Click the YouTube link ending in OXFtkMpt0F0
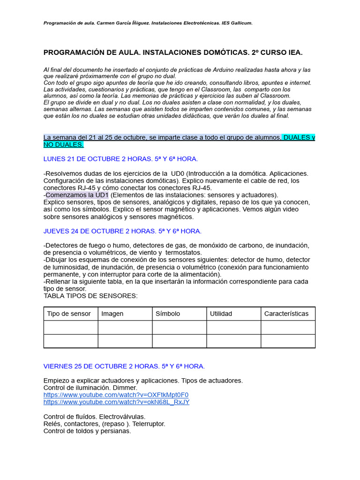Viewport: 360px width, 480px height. click(x=116, y=395)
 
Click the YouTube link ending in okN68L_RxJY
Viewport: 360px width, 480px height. click(x=116, y=402)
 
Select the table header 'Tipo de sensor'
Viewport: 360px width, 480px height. click(x=69, y=314)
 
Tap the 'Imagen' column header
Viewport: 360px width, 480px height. click(x=112, y=314)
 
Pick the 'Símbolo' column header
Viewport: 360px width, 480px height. click(x=168, y=314)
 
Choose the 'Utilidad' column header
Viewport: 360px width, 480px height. click(x=221, y=314)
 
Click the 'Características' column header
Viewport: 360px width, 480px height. click(x=286, y=314)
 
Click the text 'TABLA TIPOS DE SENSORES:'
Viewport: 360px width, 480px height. click(x=90, y=296)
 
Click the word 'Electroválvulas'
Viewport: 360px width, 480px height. click(x=122, y=416)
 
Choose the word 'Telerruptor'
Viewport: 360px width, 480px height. click(x=149, y=424)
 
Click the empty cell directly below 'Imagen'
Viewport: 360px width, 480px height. click(x=125, y=327)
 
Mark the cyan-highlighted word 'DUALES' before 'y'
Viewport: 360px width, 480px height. click(x=296, y=137)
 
